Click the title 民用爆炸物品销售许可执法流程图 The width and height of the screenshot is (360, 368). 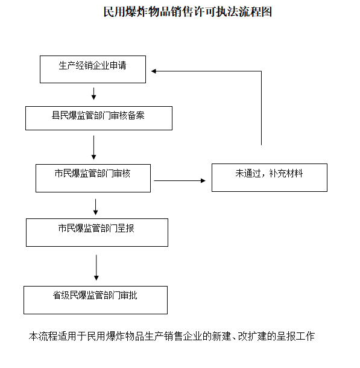[188, 11]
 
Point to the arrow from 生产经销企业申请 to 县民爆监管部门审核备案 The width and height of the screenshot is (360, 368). [94, 94]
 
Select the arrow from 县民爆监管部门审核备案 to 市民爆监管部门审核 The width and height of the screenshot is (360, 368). [94, 148]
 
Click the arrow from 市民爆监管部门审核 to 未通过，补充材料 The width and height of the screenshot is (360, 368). [180, 180]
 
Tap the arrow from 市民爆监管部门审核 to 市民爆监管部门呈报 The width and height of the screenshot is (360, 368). [95, 207]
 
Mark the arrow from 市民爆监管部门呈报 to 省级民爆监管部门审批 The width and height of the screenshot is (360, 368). [96, 267]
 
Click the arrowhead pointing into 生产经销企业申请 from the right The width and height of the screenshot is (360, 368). [154, 71]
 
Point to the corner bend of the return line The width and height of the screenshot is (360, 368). [261, 71]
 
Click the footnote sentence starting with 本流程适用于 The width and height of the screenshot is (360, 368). [172, 336]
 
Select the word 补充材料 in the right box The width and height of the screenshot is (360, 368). [286, 173]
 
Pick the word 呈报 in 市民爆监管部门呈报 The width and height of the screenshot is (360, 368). [125, 228]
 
